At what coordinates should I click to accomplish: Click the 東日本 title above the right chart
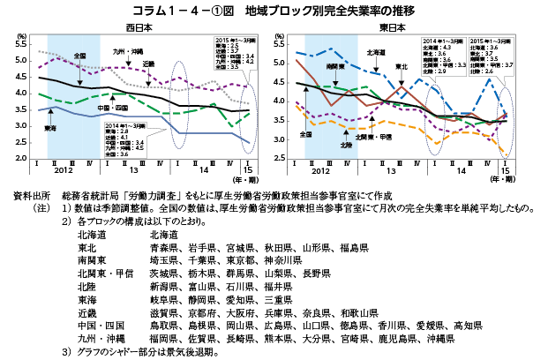pyautogui.click(x=391, y=27)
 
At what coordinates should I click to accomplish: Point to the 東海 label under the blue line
pyautogui.click(x=50, y=128)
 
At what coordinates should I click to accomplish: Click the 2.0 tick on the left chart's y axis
pyautogui.click(x=20, y=158)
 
